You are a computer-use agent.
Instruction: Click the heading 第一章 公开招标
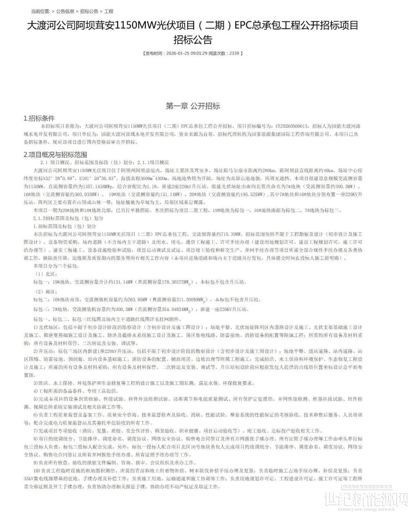pyautogui.click(x=193, y=106)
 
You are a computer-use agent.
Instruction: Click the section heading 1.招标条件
pyautogui.click(x=39, y=118)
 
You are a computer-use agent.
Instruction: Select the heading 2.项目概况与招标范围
pyautogui.click(x=55, y=154)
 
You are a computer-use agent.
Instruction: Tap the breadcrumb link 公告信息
pyautogui.click(x=65, y=11)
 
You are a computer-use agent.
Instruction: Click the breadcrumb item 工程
pyautogui.click(x=109, y=11)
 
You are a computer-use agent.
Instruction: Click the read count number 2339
pyautogui.click(x=234, y=53)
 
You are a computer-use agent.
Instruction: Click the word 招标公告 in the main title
pyautogui.click(x=193, y=40)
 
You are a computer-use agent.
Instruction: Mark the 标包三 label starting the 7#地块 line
pyautogui.click(x=41, y=309)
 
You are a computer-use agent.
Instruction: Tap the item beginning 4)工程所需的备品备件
pyautogui.click(x=76, y=391)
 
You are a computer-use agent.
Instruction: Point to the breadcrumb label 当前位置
pyautogui.click(x=40, y=11)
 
